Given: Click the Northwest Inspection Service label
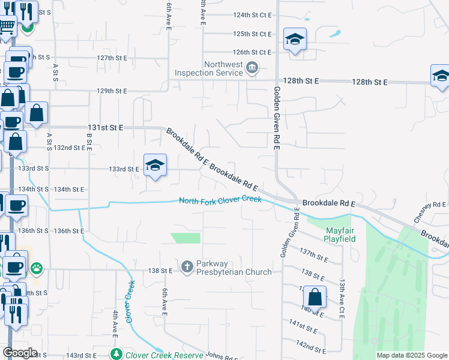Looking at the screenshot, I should point(208,69).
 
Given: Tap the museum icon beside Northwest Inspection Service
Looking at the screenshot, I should point(253,68).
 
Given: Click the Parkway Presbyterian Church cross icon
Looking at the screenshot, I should point(187,266).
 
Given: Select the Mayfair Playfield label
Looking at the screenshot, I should point(340,235).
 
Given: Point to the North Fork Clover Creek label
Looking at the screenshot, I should point(220,200).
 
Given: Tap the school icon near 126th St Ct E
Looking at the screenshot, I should point(295,40).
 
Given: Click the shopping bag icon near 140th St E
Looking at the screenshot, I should point(315,296).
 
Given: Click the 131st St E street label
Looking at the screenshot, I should point(105,128).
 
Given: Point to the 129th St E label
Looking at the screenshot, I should point(112,91).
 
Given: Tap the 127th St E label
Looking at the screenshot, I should point(112,58).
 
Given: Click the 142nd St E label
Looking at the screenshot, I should point(312,347).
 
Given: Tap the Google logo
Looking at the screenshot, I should point(20,353).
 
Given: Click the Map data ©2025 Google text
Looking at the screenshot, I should point(411,355).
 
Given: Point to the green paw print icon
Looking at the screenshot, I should point(37,267).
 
